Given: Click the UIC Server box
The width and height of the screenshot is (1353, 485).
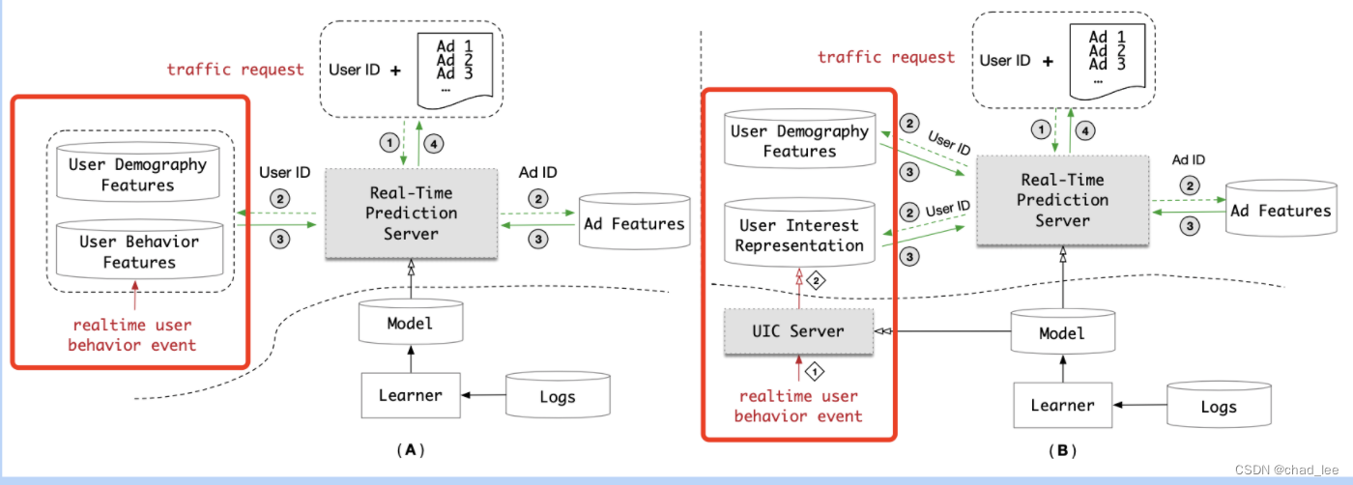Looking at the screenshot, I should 798,331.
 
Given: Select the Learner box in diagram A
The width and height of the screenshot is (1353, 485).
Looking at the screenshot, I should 411,394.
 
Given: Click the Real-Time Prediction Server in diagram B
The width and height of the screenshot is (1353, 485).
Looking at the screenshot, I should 1062,200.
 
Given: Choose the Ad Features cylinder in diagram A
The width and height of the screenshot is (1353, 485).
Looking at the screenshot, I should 634,224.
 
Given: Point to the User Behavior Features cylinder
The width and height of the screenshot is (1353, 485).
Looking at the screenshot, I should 138,252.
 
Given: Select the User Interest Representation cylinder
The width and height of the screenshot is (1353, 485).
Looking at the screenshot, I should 799,235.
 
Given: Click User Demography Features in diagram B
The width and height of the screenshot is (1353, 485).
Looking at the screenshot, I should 799,141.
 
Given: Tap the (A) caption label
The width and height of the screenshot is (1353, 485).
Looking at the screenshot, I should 411,449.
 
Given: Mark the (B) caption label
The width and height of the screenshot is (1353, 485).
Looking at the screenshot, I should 1062,450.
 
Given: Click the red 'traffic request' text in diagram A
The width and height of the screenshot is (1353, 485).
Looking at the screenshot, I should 235,70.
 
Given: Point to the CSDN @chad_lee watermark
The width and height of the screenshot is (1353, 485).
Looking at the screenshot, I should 1285,471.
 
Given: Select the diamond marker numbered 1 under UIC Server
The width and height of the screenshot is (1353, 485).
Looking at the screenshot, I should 814,369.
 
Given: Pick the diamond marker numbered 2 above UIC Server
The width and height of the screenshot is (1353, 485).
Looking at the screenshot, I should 814,281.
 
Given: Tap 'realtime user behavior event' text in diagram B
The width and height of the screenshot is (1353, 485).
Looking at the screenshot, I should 798,406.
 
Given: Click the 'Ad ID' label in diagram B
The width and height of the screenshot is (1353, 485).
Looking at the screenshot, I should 1187,159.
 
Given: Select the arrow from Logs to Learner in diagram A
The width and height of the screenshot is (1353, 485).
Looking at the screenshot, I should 484,394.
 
